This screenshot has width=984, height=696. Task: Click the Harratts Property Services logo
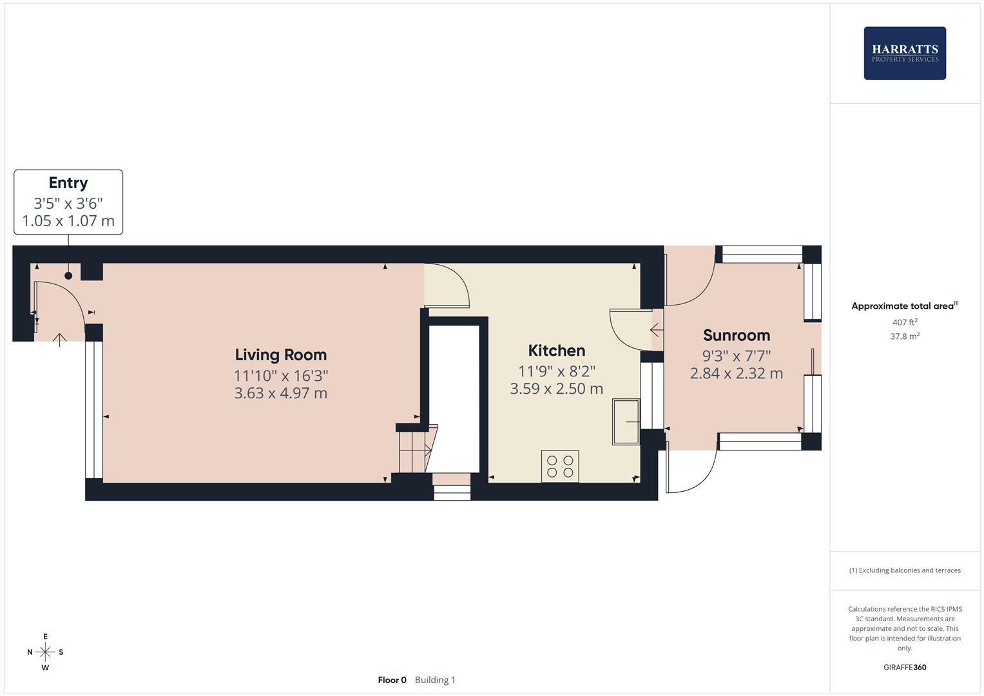[x=905, y=53]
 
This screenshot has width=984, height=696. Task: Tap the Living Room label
[x=280, y=354]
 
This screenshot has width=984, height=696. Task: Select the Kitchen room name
[x=557, y=351]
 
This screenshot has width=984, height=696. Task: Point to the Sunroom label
[x=737, y=335]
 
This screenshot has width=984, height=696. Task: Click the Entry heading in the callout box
[x=68, y=183]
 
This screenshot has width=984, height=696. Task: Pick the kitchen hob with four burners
[x=560, y=466]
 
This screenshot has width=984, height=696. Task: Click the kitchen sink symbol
[x=625, y=422]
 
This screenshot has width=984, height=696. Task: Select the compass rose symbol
[x=45, y=652]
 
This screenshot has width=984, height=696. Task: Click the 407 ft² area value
[x=905, y=322]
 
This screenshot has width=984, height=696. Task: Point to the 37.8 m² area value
[x=905, y=336]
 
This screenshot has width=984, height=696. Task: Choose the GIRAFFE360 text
[x=905, y=668]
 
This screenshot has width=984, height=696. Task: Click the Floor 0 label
[x=392, y=680]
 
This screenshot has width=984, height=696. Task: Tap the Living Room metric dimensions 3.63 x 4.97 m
[x=280, y=393]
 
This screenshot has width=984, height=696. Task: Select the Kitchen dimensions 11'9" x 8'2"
[x=557, y=371]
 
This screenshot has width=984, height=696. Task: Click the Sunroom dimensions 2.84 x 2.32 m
[x=737, y=374]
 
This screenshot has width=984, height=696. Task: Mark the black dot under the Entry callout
[x=68, y=276]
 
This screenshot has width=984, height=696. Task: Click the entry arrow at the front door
[x=59, y=340]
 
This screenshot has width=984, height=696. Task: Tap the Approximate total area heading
[x=903, y=306]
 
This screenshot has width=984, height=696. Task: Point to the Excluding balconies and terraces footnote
[x=905, y=570]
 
